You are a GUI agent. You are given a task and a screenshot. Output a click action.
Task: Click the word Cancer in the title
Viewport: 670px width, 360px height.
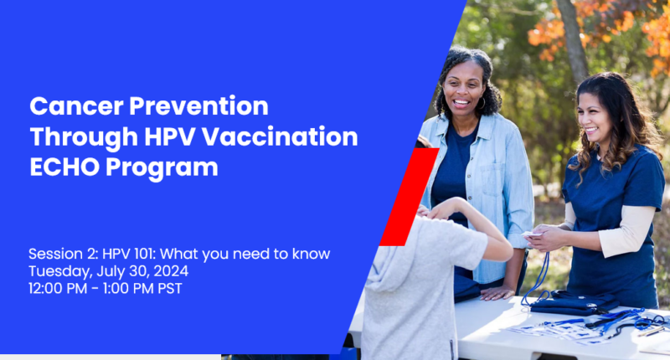pyautogui.click(x=76, y=106)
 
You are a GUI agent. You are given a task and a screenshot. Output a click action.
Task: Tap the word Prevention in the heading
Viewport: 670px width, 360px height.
pyautogui.click(x=198, y=106)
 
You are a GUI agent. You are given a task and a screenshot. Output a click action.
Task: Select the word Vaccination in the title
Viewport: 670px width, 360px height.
pyautogui.click(x=280, y=136)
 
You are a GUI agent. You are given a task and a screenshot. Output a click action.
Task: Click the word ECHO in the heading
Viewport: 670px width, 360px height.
pyautogui.click(x=64, y=167)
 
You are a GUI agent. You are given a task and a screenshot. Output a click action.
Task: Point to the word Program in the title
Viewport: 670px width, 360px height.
pyautogui.click(x=162, y=168)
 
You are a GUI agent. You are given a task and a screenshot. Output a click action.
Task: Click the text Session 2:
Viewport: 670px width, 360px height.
pyautogui.click(x=64, y=254)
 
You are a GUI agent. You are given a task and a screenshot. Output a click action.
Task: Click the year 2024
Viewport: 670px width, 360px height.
pyautogui.click(x=171, y=271)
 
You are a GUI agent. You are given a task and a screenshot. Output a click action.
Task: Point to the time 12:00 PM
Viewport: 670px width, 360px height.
pyautogui.click(x=58, y=288)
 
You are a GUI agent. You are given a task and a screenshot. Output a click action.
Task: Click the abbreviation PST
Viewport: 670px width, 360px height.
pyautogui.click(x=170, y=288)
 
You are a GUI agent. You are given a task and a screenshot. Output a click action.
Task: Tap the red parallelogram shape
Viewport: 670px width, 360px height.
pyautogui.click(x=410, y=197)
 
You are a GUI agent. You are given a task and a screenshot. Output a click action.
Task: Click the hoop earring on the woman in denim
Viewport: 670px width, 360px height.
pyautogui.click(x=482, y=103)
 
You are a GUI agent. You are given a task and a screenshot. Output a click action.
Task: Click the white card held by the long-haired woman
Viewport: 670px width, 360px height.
pyautogui.click(x=532, y=234)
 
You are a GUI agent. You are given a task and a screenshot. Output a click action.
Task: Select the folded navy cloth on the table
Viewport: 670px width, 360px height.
pyautogui.click(x=575, y=302)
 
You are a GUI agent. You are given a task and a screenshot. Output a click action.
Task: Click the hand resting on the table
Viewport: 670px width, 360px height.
pyautogui.click(x=497, y=293)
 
